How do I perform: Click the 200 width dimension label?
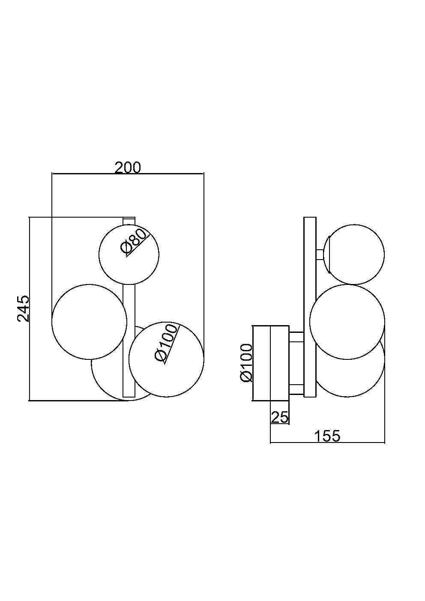point(127,168)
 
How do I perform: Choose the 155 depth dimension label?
point(327,436)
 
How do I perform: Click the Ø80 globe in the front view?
point(129,254)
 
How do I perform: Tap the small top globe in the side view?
point(354,254)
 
